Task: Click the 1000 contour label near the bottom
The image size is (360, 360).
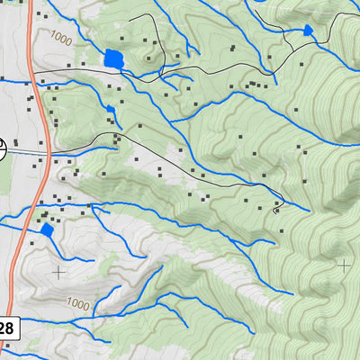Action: coord(78,305)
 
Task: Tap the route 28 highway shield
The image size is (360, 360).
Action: coord(5,328)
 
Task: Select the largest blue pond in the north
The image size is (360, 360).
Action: coord(113,60)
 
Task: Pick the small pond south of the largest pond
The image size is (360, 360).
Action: coord(111,109)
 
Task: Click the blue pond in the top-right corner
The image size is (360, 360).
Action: coord(308,31)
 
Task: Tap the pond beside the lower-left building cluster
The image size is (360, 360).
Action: coord(47,230)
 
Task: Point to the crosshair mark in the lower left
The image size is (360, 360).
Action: coord(58,270)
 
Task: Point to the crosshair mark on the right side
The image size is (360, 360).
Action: coord(343,265)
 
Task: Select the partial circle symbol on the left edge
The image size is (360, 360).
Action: coord(3,148)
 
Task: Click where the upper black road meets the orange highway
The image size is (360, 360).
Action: coord(34,70)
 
